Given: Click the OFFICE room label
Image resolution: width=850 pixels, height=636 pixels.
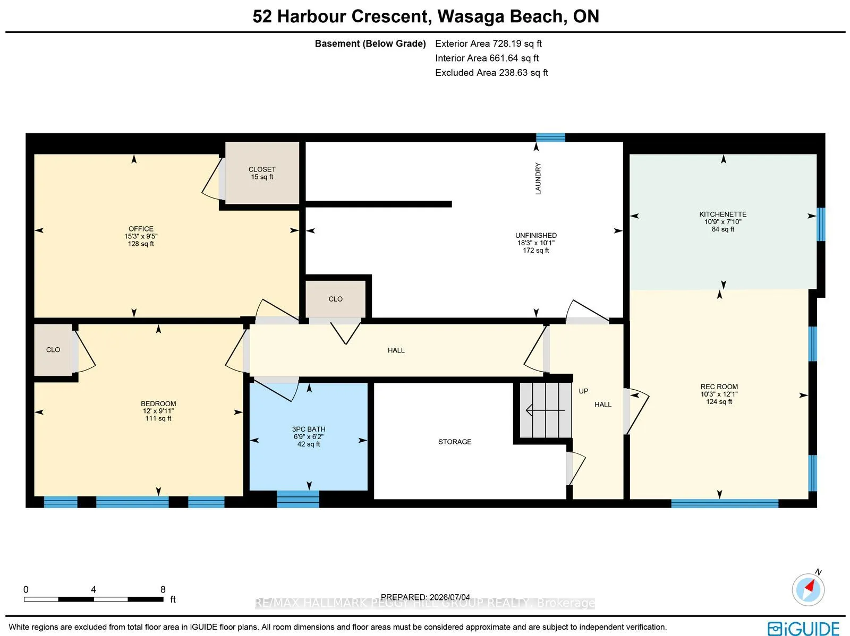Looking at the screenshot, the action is click(x=141, y=229).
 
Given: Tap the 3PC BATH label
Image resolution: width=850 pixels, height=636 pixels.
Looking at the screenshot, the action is click(x=309, y=429).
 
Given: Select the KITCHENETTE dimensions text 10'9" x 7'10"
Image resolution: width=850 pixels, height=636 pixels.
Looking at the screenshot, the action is click(x=722, y=222).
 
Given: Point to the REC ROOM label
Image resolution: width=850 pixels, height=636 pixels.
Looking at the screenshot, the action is click(x=719, y=386).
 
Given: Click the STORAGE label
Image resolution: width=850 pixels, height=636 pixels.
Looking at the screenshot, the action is click(x=455, y=442).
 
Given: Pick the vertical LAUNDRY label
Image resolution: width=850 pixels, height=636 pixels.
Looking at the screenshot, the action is click(x=538, y=178).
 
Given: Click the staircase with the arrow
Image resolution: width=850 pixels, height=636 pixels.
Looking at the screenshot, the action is click(x=546, y=410).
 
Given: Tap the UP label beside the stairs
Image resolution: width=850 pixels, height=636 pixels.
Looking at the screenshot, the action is click(x=583, y=391).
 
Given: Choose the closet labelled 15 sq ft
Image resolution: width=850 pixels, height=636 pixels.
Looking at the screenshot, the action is click(x=262, y=173).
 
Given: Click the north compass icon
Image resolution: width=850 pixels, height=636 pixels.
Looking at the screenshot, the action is click(x=808, y=589).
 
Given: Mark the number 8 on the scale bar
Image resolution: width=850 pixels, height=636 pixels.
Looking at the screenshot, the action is click(x=163, y=589).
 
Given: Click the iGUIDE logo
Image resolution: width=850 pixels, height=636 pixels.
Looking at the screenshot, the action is click(x=804, y=628).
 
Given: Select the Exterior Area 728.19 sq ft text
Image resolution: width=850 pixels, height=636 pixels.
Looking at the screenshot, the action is click(x=488, y=44).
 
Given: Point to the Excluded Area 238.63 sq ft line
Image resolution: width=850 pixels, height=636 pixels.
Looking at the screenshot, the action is click(x=491, y=72).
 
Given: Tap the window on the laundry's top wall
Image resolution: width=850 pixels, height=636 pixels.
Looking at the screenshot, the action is click(x=550, y=137).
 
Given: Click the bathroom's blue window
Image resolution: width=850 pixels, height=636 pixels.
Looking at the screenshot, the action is click(x=298, y=499).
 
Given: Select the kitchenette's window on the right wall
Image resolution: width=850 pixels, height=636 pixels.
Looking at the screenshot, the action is click(x=821, y=225).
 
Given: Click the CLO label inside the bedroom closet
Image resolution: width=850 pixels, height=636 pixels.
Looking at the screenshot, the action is click(x=53, y=350).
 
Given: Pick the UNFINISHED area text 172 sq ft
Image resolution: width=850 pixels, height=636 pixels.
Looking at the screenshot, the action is click(x=536, y=250).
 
